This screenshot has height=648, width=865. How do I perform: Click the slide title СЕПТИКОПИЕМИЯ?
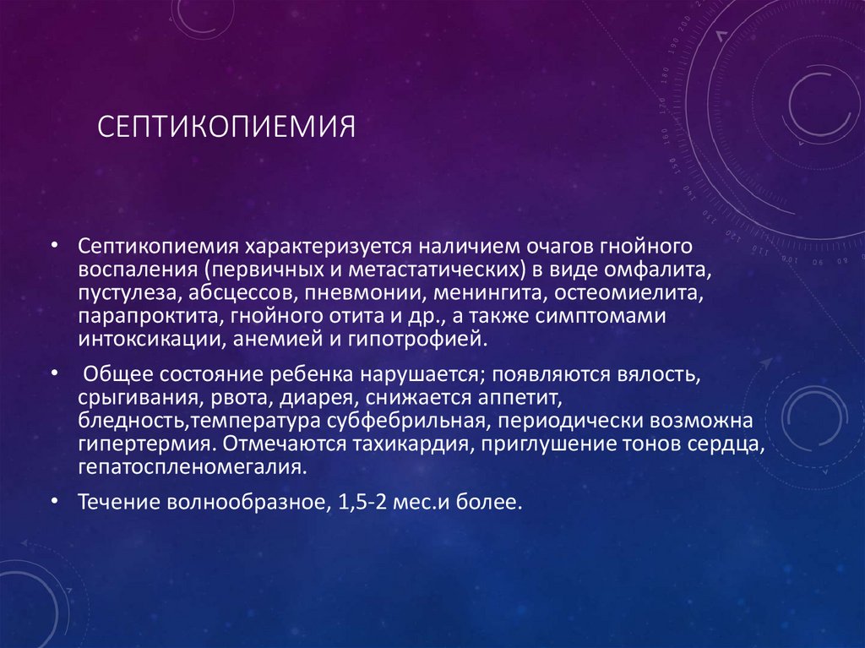point(226,128)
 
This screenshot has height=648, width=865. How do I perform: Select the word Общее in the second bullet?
point(117,375)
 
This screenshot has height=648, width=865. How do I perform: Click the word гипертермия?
point(126,444)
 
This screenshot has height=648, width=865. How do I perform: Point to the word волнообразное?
point(243,503)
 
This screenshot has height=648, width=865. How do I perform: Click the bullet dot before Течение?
point(55,502)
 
